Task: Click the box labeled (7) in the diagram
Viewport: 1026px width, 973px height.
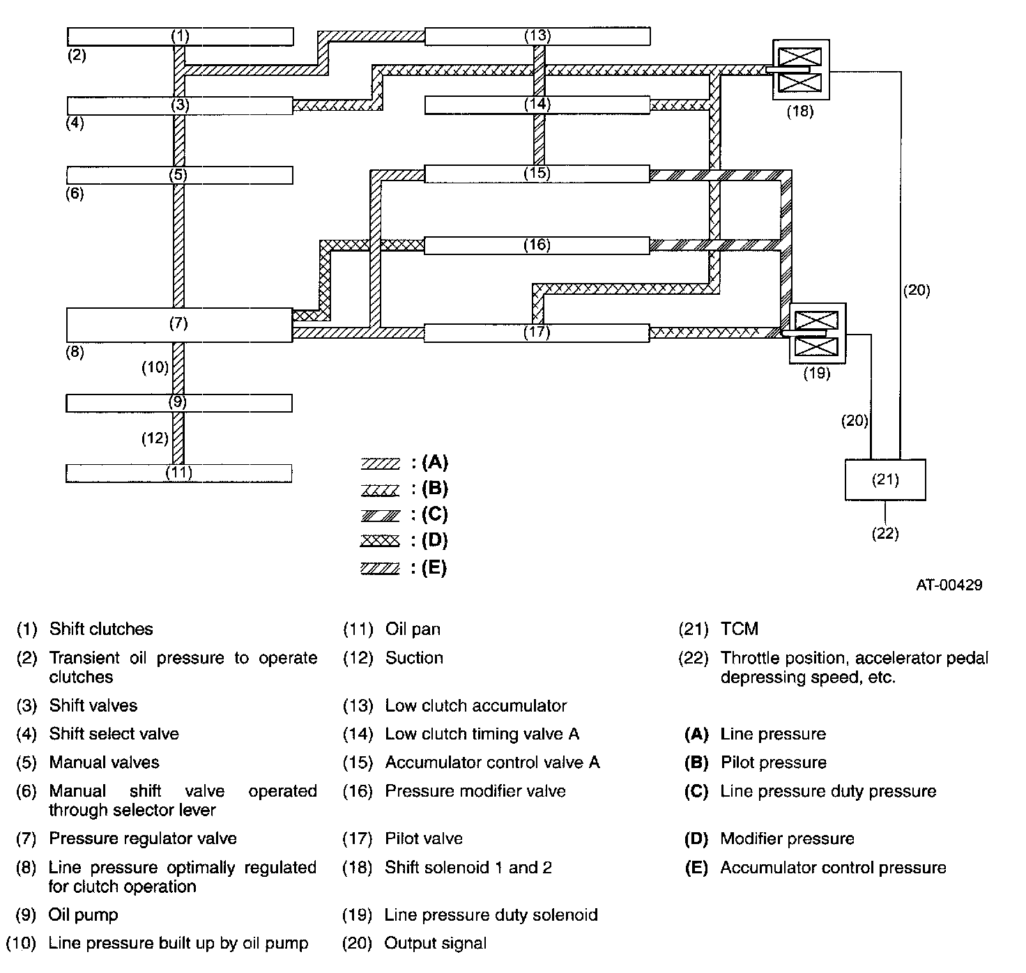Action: pos(179,325)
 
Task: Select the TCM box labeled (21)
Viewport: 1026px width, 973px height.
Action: pos(885,480)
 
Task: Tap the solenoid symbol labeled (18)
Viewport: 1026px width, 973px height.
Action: pos(801,70)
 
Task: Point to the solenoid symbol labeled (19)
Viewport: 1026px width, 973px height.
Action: pos(818,333)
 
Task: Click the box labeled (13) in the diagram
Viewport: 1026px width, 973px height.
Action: pos(537,36)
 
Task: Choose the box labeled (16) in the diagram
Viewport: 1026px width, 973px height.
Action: pos(537,245)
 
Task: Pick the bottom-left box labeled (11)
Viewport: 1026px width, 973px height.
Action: pos(179,473)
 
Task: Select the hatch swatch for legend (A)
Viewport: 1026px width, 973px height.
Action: pos(380,463)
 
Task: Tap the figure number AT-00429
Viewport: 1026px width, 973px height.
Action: pos(949,585)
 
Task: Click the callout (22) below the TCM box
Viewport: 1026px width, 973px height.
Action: pos(885,533)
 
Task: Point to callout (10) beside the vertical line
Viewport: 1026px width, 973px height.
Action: pos(155,367)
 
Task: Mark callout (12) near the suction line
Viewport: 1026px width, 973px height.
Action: pos(155,438)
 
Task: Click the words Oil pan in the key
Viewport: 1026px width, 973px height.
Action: pos(413,629)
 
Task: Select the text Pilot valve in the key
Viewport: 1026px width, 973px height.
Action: pos(424,838)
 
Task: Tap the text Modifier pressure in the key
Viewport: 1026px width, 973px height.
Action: pos(787,838)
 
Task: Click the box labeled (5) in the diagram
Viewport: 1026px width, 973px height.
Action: pos(180,176)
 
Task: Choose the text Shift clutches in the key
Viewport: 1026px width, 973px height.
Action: pos(101,629)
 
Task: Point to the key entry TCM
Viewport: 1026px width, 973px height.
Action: pos(739,629)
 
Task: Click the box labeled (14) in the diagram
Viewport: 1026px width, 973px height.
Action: pos(537,105)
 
